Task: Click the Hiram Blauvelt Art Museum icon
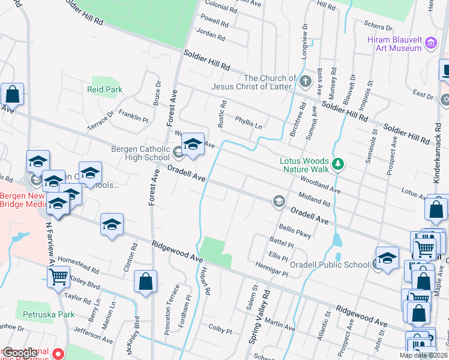(x=430, y=43)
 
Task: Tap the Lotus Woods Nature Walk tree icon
(x=339, y=163)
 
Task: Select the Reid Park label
(x=104, y=89)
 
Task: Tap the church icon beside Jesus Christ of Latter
(x=305, y=81)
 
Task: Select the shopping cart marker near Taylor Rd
(x=59, y=277)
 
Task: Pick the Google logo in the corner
(x=20, y=353)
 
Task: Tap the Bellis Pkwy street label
(x=295, y=231)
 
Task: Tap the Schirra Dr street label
(x=378, y=26)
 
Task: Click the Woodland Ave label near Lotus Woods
(x=321, y=184)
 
